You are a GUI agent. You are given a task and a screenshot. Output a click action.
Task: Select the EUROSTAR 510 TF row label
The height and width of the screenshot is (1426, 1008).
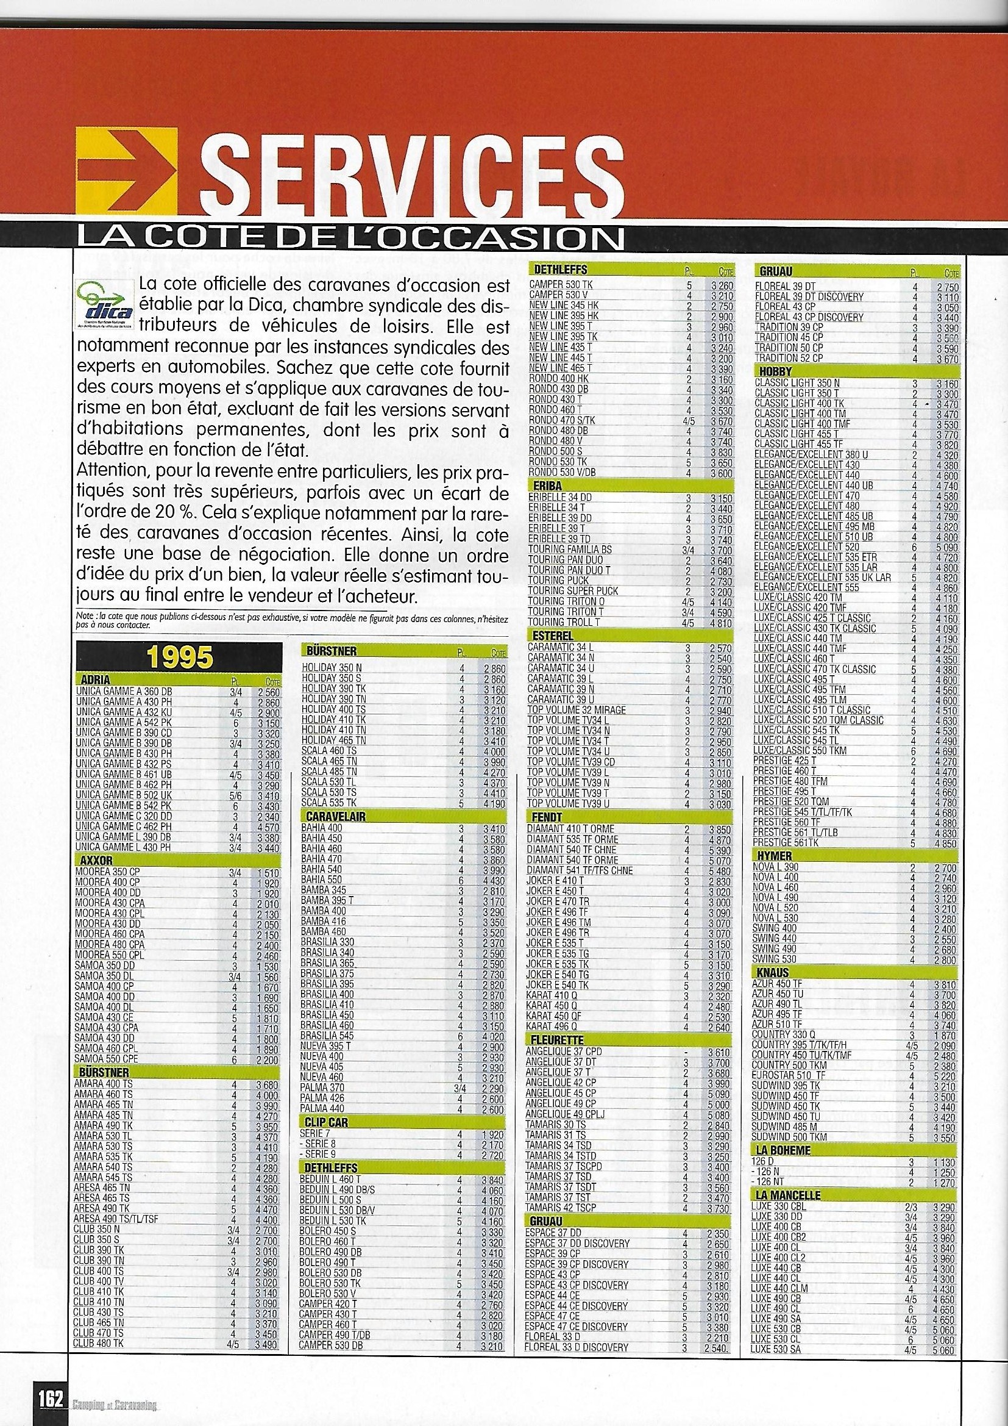click(788, 1075)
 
